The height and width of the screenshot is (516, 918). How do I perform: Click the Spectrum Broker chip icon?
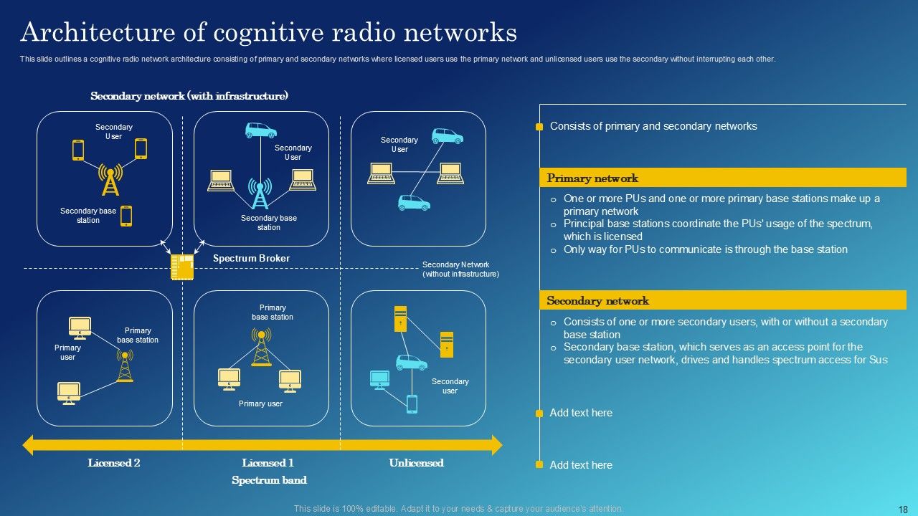(x=182, y=267)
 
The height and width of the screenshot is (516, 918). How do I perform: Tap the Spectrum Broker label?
(x=251, y=258)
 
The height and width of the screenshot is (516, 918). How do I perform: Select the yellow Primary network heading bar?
(x=723, y=178)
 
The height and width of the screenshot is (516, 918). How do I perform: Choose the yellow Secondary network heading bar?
(x=723, y=301)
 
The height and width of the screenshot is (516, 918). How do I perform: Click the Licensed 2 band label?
(x=114, y=463)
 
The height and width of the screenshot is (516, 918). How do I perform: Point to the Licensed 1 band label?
(x=268, y=463)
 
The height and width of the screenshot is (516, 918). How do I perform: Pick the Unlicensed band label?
(x=416, y=463)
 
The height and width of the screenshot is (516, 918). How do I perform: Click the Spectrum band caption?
(x=269, y=480)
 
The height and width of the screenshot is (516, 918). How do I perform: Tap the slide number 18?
(x=903, y=509)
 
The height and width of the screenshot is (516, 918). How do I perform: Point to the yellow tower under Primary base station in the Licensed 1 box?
(x=261, y=348)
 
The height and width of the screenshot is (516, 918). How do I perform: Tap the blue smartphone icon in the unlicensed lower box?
(x=412, y=404)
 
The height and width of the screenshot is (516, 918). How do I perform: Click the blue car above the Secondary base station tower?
(x=260, y=130)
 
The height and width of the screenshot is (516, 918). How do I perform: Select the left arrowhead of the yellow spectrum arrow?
(x=29, y=445)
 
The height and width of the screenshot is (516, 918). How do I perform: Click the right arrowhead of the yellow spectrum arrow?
(x=496, y=445)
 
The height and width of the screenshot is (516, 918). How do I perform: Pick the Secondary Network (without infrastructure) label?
(x=460, y=269)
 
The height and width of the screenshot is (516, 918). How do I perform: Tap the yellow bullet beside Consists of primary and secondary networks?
(x=539, y=127)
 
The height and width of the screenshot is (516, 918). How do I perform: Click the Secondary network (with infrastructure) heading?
(x=189, y=96)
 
